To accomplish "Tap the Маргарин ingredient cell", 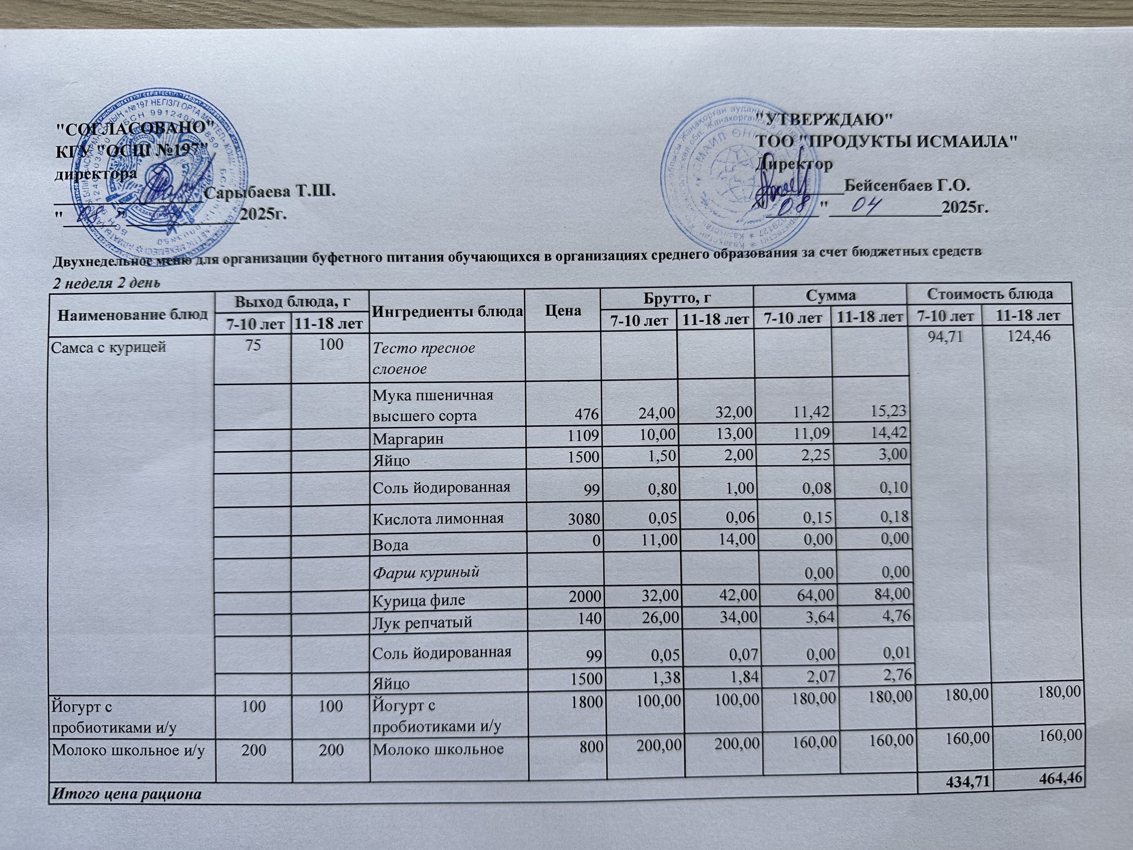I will (x=408, y=439).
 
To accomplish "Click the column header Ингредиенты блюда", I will (x=447, y=311).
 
